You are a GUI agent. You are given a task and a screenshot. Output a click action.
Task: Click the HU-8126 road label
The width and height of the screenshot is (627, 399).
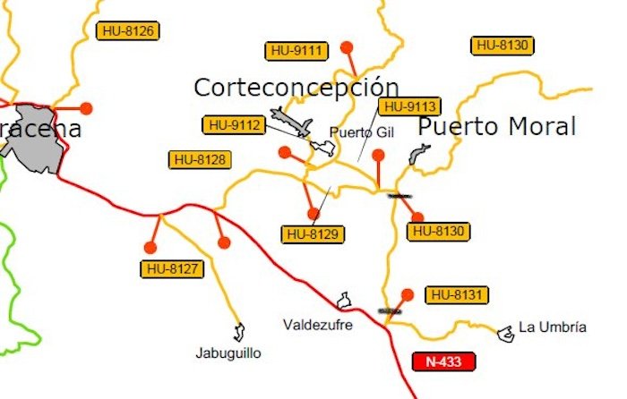coord(127,31)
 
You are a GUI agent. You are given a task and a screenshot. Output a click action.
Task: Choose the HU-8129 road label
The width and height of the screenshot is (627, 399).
coord(313,234)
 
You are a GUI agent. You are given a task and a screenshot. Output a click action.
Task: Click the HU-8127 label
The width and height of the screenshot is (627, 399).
coord(171,268)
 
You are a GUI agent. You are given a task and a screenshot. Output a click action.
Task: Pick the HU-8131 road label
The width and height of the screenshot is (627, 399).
coord(459,294)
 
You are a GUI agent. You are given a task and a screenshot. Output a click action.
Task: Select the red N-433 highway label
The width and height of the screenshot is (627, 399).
coord(443,361)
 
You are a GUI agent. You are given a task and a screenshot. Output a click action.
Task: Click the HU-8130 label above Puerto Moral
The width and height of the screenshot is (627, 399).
coord(503,45)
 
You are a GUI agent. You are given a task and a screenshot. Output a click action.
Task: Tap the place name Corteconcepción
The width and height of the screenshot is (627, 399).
coord(296,87)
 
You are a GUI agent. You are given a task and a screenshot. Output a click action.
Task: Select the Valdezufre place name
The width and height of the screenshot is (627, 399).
coord(317,324)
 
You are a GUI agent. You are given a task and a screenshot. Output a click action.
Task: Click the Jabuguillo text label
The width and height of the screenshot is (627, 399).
coord(228,353)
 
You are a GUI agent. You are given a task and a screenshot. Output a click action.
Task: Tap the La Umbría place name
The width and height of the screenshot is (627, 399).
coord(553,327)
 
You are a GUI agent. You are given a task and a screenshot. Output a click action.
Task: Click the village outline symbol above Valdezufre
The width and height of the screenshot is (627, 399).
coord(342,300)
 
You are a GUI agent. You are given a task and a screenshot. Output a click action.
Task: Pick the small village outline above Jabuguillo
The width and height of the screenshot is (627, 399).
coord(239,333)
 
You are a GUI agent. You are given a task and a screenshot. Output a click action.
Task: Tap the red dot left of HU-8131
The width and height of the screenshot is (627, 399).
coord(408,294)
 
